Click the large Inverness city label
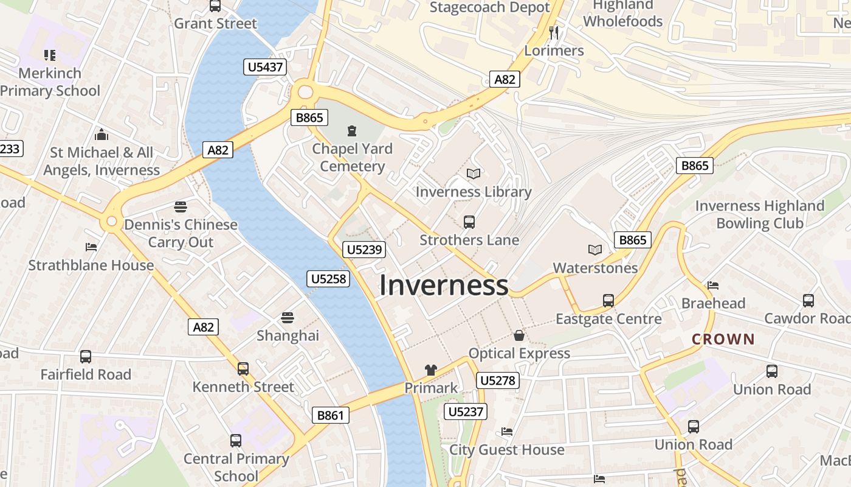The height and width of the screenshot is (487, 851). click(444, 285)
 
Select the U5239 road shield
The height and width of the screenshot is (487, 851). click(365, 249)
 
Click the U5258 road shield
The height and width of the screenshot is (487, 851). click(328, 279)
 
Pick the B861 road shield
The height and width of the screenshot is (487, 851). click(331, 416)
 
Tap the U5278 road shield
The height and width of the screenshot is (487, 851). click(497, 381)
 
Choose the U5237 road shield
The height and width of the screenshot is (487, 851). click(466, 412)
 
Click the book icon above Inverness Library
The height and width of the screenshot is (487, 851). click(474, 174)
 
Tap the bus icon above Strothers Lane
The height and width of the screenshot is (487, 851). click(469, 222)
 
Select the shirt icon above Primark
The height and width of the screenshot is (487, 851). click(431, 370)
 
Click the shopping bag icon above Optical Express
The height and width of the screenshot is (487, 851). click(519, 335)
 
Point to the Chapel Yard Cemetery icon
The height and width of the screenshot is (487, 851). click(351, 130)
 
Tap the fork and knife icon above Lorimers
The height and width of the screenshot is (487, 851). click(553, 32)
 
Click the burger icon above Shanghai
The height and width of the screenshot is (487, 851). click(288, 317)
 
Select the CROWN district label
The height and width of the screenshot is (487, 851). click(723, 339)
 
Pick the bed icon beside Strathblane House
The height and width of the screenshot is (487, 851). click(91, 247)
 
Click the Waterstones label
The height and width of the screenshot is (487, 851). click(595, 268)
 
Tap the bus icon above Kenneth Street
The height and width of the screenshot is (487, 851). click(243, 368)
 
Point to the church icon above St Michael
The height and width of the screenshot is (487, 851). click(102, 134)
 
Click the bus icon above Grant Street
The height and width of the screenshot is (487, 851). click(215, 6)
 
